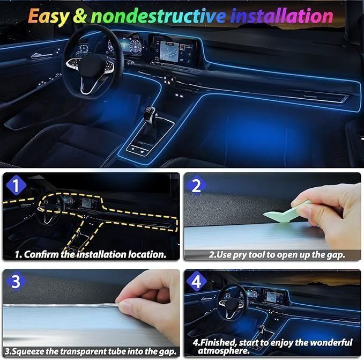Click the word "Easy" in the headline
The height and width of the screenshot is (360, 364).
(x=48, y=17)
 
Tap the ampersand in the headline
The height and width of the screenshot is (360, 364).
(x=80, y=16)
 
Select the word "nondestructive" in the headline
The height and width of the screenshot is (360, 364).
(x=158, y=16)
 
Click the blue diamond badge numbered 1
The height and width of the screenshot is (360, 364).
(x=16, y=185)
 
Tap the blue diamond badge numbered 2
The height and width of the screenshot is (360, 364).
(x=196, y=185)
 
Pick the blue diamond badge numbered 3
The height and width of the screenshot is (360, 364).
(x=16, y=282)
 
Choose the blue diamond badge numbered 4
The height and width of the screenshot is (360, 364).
(x=196, y=282)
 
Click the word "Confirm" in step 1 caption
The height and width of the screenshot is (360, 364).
(x=41, y=254)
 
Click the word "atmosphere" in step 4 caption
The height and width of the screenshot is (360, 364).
(x=224, y=351)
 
